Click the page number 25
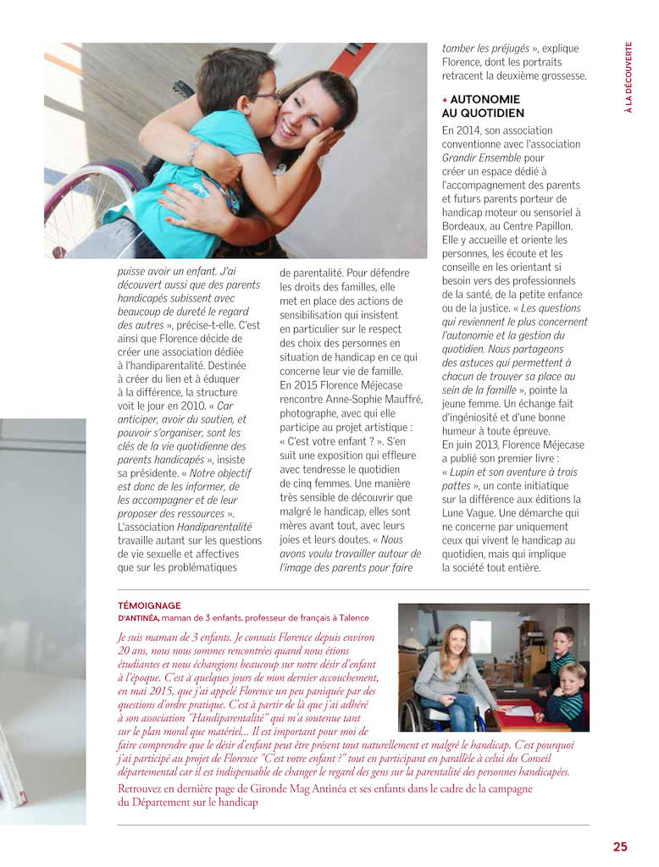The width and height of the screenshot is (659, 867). coord(620,846)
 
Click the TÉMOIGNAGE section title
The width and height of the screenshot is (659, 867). coord(150,605)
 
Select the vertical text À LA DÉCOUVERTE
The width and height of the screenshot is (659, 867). coord(629,77)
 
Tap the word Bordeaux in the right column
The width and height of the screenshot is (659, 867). coord(464,226)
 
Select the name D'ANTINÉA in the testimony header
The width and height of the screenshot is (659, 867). coord(139,618)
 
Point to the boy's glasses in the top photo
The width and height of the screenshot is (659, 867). coord(266,97)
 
